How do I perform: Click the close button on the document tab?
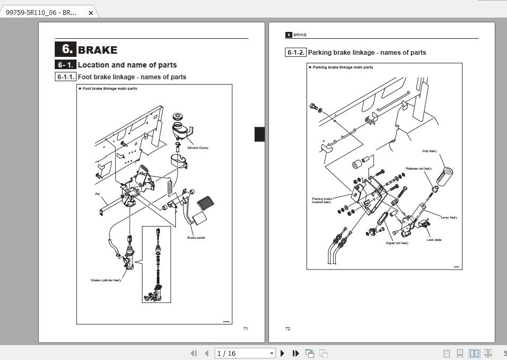[x=91, y=13]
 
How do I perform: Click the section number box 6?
[x=66, y=49]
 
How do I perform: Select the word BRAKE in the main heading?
[x=98, y=50]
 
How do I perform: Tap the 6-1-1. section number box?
[x=66, y=77]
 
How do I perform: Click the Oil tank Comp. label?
[x=198, y=148]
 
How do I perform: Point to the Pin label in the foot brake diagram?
[x=97, y=194]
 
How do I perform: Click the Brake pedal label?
[x=196, y=238]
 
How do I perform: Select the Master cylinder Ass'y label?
[x=106, y=280]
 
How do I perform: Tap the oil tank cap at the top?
[x=178, y=118]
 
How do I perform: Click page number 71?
[x=246, y=329]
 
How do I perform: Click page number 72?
[x=288, y=329]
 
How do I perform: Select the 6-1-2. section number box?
[x=296, y=53]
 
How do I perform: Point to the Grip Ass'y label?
[x=429, y=151]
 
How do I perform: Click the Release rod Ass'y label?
[x=418, y=169]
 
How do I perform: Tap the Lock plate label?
[x=434, y=240]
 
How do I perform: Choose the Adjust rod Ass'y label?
[x=397, y=243]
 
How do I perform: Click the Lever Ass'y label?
[x=449, y=217]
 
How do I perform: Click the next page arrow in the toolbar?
[x=283, y=353]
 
